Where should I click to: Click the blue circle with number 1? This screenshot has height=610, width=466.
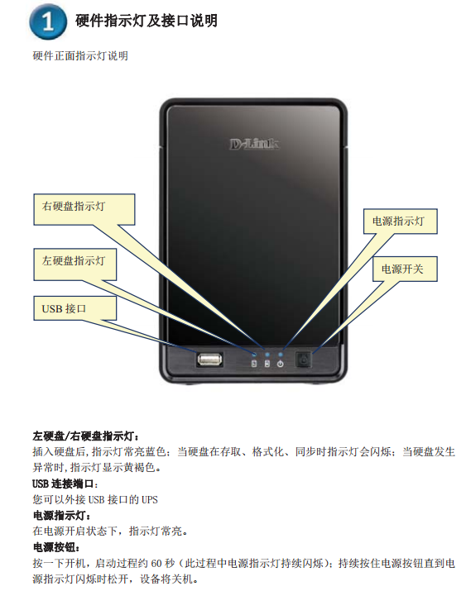[48, 21]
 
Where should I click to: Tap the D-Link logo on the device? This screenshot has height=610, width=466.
[254, 145]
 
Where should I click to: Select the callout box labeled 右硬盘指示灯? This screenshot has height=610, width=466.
[84, 209]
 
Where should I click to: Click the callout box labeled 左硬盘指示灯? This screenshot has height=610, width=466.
[74, 264]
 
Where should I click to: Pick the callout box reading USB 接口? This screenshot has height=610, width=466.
[74, 308]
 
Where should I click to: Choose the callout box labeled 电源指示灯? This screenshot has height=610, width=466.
[400, 222]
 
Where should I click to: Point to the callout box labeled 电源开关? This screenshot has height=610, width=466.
[405, 269]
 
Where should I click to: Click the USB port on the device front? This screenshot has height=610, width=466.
[210, 359]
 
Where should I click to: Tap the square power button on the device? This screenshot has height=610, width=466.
[303, 360]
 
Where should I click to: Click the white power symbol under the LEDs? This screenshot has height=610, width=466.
[280, 365]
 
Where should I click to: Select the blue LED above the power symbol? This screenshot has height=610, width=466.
[280, 355]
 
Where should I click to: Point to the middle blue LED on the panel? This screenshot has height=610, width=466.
[267, 355]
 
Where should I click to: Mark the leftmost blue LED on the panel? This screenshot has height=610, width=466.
[254, 355]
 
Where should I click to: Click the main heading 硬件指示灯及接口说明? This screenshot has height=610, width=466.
[147, 21]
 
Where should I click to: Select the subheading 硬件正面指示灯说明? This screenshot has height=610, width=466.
[80, 56]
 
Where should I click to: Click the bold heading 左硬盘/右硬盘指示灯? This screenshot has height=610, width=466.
[86, 436]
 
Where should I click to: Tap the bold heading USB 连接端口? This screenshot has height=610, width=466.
[65, 484]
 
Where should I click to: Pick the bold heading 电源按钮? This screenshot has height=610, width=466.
[56, 547]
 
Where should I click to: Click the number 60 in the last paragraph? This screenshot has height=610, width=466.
[156, 564]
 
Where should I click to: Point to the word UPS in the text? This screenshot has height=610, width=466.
[150, 500]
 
